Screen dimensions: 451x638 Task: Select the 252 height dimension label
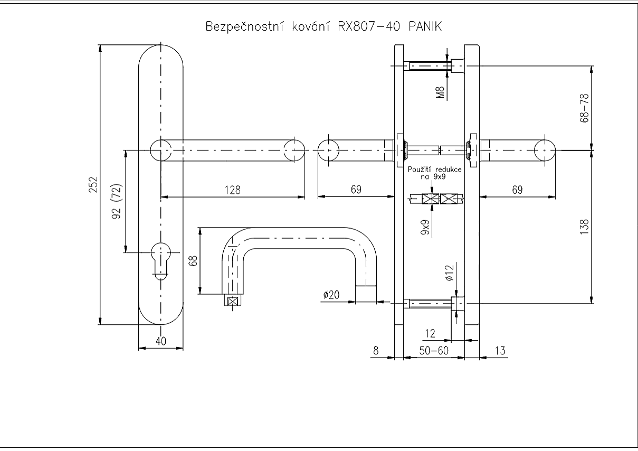point(93,185)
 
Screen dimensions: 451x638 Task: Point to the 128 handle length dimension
point(233,190)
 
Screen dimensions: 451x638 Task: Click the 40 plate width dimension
point(161,341)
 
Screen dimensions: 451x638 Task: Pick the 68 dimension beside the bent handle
point(193,261)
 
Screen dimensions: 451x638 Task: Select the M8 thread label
point(441,93)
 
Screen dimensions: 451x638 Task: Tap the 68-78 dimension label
point(583,108)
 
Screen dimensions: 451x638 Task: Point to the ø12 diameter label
point(450,272)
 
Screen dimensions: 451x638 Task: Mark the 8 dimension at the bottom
point(376,350)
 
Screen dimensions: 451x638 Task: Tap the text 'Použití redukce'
point(435,170)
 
